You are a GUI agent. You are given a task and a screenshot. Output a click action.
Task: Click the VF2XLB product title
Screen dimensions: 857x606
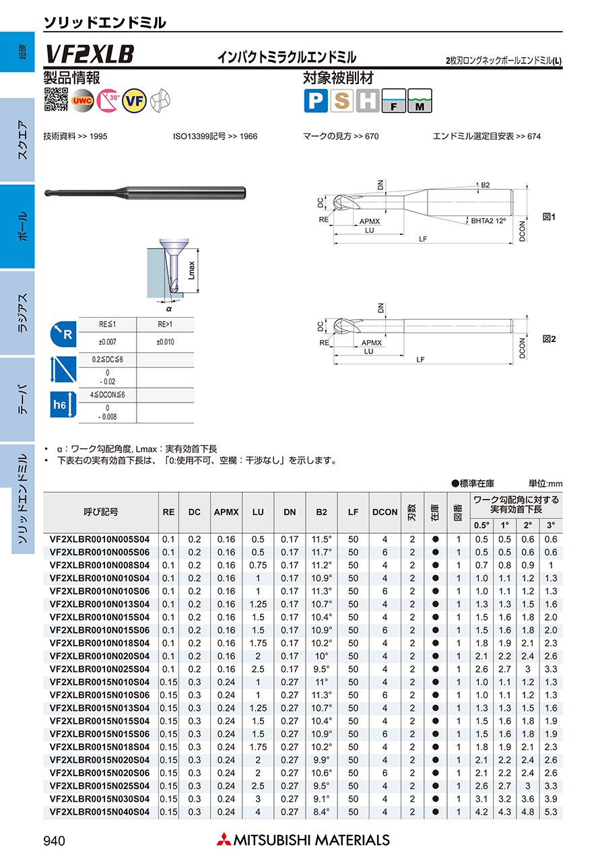[x=90, y=54]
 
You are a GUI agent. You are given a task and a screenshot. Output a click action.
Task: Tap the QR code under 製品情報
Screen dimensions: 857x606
[x=56, y=100]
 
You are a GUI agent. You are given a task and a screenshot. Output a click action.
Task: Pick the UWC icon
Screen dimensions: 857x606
[x=83, y=100]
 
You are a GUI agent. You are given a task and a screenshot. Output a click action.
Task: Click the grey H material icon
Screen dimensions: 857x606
[x=368, y=101]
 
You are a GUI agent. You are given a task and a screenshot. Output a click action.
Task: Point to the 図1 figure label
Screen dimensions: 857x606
[x=549, y=217]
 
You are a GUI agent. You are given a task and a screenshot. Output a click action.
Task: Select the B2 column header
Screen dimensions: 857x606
[x=322, y=512]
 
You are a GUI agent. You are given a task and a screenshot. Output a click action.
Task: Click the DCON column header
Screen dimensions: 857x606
[x=384, y=512]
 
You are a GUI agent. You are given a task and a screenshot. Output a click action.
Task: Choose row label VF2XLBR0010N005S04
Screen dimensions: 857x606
[x=100, y=539]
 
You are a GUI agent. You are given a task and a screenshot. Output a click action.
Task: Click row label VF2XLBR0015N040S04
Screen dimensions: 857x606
[x=100, y=812]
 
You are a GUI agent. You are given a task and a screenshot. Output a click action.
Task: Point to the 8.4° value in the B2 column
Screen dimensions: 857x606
[x=322, y=812]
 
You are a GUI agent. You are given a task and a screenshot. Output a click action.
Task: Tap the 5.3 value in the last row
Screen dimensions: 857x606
[x=551, y=812]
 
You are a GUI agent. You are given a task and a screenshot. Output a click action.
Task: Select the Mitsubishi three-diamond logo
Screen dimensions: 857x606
[x=223, y=839]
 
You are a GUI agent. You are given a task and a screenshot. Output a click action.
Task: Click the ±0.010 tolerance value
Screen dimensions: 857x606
[x=165, y=342]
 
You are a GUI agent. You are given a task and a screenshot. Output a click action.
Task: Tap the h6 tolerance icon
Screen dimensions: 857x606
[x=59, y=405]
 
